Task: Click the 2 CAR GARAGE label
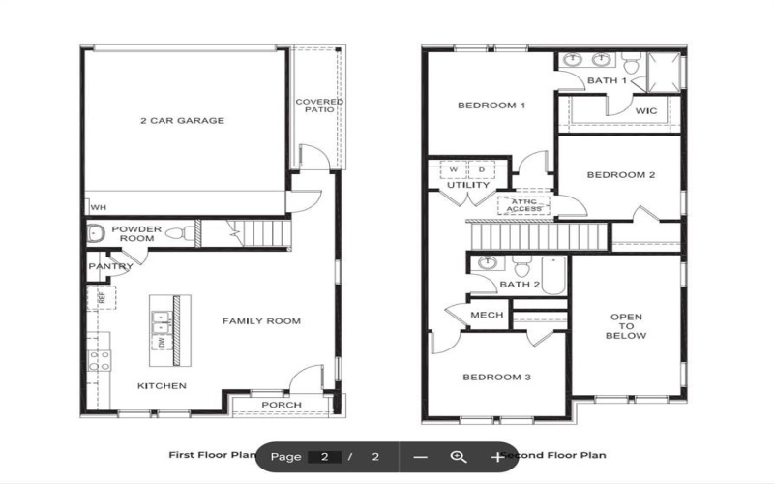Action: pyautogui.click(x=182, y=121)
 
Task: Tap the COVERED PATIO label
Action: pyautogui.click(x=319, y=106)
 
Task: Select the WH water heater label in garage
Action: pyautogui.click(x=98, y=207)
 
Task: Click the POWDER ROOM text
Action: pyautogui.click(x=136, y=233)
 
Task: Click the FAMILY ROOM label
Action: pyautogui.click(x=261, y=321)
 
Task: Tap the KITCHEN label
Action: pyautogui.click(x=162, y=386)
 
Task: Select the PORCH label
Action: pyautogui.click(x=282, y=405)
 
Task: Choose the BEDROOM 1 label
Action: pyautogui.click(x=491, y=106)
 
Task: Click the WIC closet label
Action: pyautogui.click(x=646, y=111)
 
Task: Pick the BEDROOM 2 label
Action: pyautogui.click(x=622, y=175)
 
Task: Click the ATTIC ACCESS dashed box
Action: pyautogui.click(x=523, y=204)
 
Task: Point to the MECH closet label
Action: pyautogui.click(x=486, y=316)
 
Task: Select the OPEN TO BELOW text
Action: pyautogui.click(x=626, y=326)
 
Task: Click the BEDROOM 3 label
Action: pyautogui.click(x=495, y=377)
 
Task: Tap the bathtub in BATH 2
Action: pyautogui.click(x=553, y=275)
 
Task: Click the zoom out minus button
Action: pyautogui.click(x=420, y=456)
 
